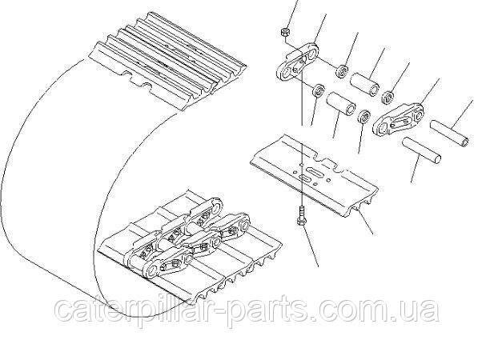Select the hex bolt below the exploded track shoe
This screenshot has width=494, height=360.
click(x=301, y=216)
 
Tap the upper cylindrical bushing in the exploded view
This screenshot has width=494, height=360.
click(x=365, y=84)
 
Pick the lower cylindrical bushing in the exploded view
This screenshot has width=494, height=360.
click(x=341, y=103)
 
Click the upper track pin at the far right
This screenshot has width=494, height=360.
click(x=450, y=134)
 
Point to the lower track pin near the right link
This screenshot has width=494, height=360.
click(x=421, y=150)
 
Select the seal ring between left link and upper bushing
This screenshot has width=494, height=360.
click(x=342, y=72)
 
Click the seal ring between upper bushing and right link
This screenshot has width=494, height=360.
click(x=388, y=98)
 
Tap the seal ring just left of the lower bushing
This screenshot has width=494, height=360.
click(x=318, y=91)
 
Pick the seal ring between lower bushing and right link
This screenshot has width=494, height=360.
click(x=364, y=117)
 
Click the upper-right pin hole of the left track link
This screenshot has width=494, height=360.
click(x=312, y=54)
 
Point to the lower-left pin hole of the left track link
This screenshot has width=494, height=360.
click(x=286, y=74)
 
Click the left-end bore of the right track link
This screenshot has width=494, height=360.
click(x=383, y=127)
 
